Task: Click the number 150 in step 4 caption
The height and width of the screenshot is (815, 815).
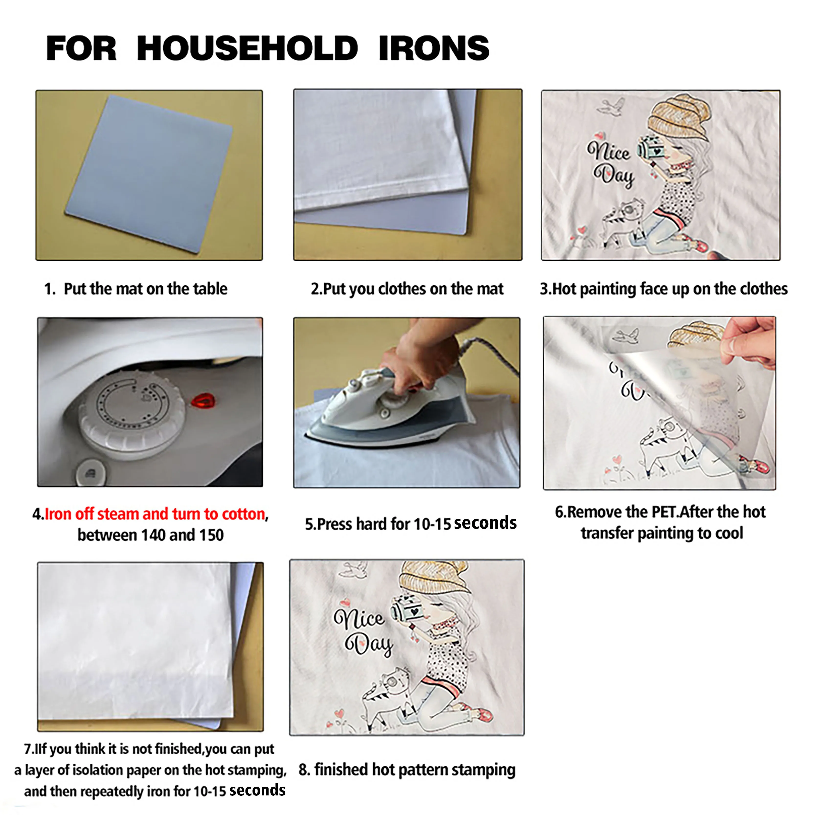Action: tap(211, 535)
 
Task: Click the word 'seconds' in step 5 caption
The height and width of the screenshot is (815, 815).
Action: tap(485, 523)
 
